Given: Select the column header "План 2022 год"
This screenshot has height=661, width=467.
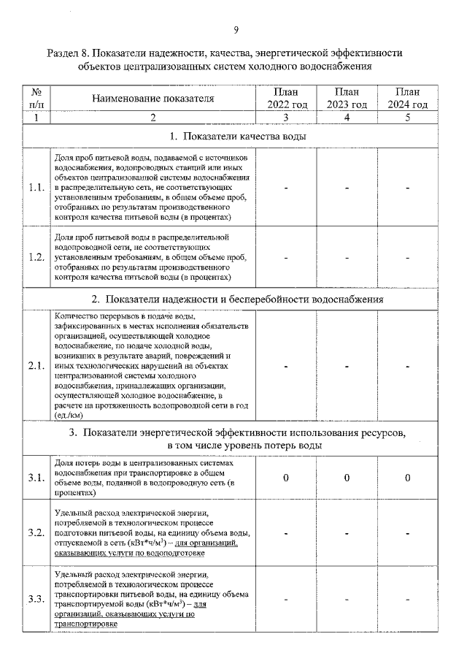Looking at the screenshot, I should click(286, 98).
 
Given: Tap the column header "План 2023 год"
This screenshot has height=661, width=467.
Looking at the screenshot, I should click(347, 98).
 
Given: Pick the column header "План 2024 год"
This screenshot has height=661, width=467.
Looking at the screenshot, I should click(407, 98).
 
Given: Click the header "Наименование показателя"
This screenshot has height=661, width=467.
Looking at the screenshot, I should click(153, 98).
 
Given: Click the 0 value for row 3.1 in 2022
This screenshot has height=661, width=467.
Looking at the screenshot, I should click(286, 478).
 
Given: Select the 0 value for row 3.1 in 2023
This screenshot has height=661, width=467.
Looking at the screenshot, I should click(347, 478).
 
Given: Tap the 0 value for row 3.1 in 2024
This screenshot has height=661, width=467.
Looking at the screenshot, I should click(407, 478).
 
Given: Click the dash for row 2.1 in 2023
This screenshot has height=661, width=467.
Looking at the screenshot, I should click(347, 366).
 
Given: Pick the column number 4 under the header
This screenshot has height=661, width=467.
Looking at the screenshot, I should click(347, 118).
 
